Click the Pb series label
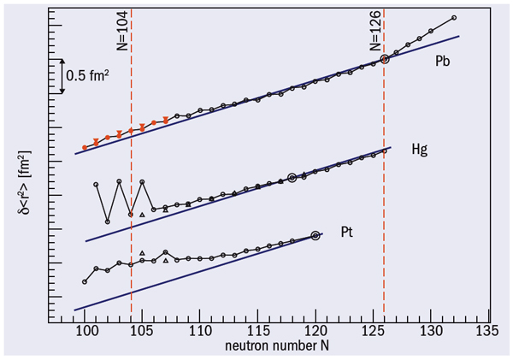(442, 61)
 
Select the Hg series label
(420, 149)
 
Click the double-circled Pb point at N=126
(385, 59)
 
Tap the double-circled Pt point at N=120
(315, 235)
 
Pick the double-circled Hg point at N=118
(292, 178)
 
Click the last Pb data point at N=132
(453, 18)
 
